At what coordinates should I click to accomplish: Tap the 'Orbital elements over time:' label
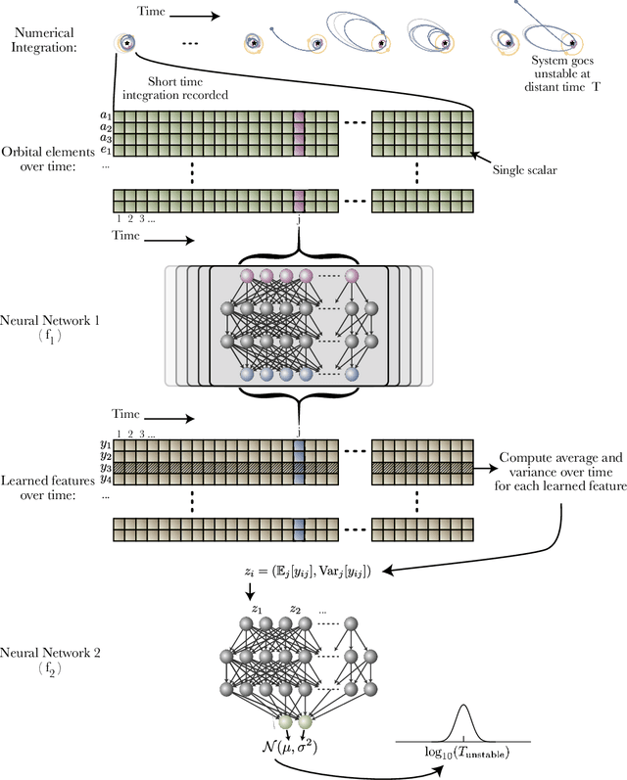(x=50, y=160)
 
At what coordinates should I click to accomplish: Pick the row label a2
(x=106, y=126)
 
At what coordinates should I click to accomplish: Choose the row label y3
(x=106, y=466)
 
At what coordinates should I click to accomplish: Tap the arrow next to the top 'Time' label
(x=202, y=16)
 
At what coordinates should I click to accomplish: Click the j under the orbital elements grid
(x=298, y=220)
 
